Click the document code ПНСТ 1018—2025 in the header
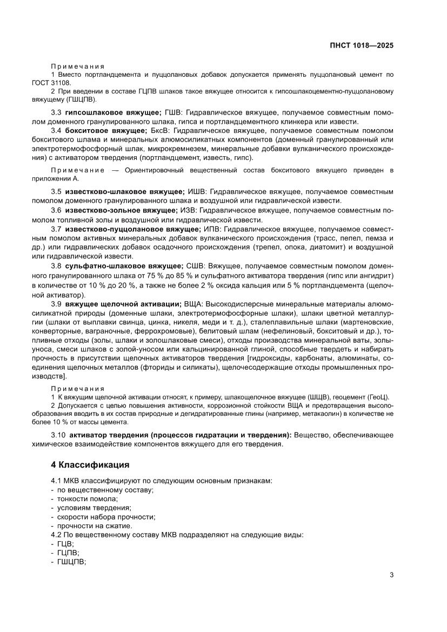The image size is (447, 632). click(x=361, y=45)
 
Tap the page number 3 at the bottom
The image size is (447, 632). click(x=391, y=575)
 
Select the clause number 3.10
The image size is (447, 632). click(x=58, y=435)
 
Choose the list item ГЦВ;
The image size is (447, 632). click(x=65, y=543)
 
